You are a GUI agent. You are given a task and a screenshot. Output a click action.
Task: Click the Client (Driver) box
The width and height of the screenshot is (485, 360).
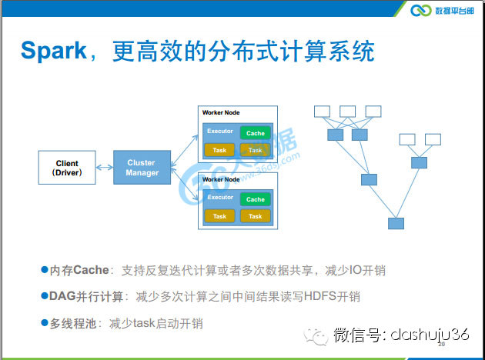point(67,168)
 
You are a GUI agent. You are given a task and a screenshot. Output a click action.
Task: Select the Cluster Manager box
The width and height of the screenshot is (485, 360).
point(141,168)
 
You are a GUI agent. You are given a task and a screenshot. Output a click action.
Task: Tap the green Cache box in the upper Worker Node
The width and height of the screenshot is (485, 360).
point(256,133)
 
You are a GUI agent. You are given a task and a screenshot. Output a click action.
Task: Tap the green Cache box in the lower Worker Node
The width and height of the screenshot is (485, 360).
point(256,199)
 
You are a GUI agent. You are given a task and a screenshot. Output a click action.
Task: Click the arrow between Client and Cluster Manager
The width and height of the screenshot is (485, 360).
point(104,168)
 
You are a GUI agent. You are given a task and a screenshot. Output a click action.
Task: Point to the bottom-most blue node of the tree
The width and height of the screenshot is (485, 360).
point(396,224)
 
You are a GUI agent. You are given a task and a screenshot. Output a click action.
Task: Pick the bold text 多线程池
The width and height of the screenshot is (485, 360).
point(74,323)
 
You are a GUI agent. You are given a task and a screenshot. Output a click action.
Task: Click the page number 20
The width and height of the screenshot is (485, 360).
point(442,345)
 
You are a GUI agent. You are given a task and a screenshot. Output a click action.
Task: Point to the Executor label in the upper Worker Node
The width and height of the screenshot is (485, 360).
point(219,132)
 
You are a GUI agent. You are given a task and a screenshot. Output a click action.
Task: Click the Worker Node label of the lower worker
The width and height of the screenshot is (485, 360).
point(221,178)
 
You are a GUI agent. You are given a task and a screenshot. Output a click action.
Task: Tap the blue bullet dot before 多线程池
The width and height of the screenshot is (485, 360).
point(44,323)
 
